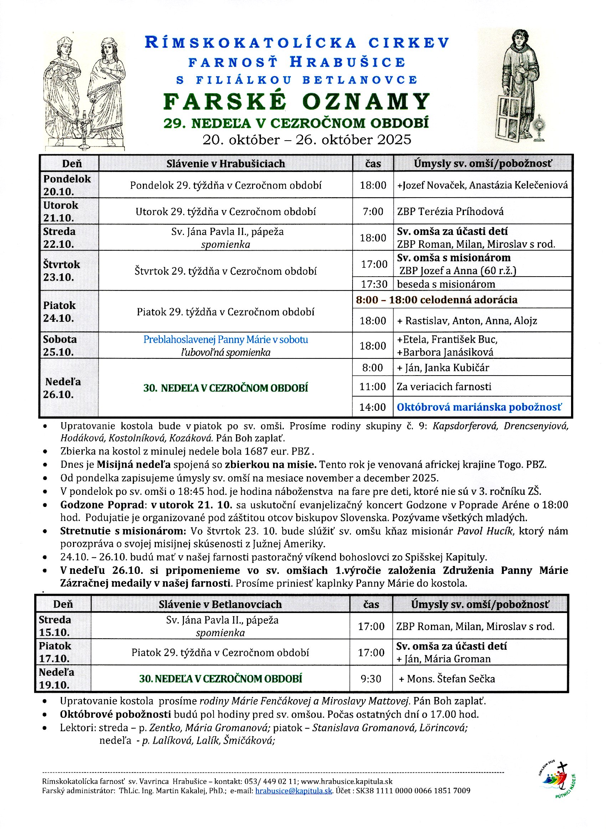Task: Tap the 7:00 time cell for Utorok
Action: (x=373, y=211)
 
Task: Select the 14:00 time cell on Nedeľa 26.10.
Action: (x=373, y=407)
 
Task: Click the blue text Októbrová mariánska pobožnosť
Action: (x=479, y=407)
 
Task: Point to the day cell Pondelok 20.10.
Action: (x=67, y=185)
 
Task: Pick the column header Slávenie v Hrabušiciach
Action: (x=225, y=163)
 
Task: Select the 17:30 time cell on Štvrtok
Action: (x=374, y=284)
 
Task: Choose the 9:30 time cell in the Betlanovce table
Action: (x=371, y=679)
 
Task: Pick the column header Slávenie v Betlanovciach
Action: (x=220, y=604)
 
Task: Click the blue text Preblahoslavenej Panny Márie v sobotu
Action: (x=225, y=339)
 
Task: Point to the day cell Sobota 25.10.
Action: (x=60, y=346)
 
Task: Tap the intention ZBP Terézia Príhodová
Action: (x=450, y=211)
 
